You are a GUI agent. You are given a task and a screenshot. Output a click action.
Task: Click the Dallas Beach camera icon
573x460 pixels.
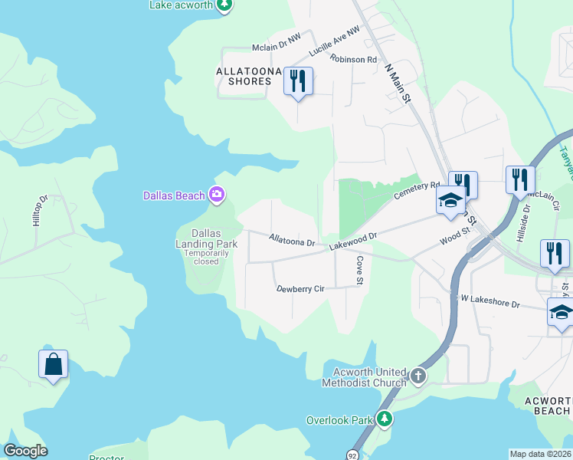(217, 195)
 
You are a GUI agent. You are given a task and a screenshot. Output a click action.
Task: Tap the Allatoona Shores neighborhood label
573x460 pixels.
(244, 76)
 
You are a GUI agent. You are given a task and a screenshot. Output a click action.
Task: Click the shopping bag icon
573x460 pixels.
(54, 363)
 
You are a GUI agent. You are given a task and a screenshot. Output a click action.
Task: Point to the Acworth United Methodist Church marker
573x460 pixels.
(417, 376)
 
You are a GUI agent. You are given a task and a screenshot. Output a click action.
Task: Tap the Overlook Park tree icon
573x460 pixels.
(385, 419)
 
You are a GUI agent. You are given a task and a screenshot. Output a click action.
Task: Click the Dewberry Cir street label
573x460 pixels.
(301, 289)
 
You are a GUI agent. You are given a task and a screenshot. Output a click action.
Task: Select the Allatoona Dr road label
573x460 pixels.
(292, 241)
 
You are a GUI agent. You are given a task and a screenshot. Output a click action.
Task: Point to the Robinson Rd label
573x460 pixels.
(354, 58)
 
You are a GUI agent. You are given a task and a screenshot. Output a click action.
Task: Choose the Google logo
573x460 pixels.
(25, 451)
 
